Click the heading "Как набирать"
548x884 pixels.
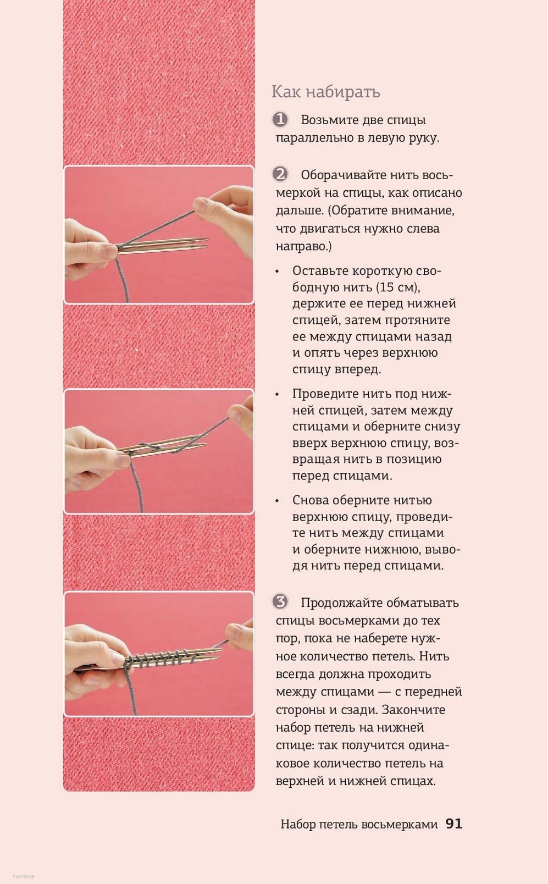tap(325, 92)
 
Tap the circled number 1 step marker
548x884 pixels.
tap(280, 120)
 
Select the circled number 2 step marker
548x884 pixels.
tap(280, 174)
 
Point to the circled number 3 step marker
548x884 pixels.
tap(280, 602)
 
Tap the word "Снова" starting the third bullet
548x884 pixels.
tap(308, 500)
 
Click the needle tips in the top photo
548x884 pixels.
tap(201, 244)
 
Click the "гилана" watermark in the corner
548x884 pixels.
tap(23, 876)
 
